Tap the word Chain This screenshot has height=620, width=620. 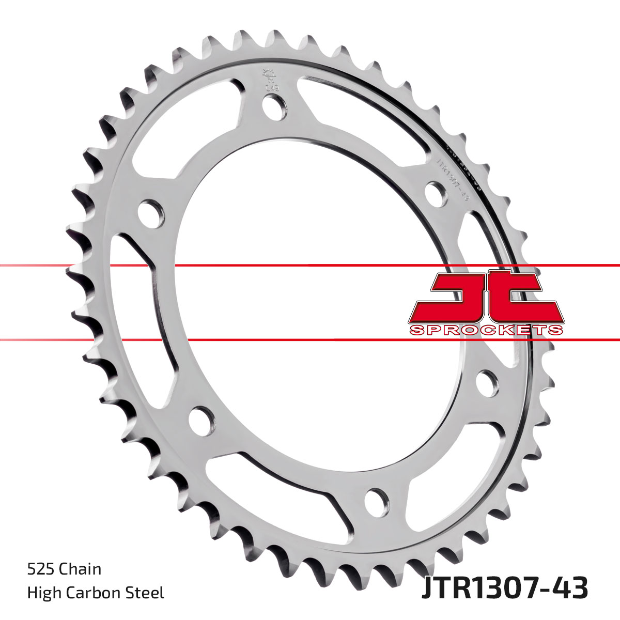[x=80, y=569]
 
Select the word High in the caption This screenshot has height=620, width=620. [x=43, y=593]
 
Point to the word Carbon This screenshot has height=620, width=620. [x=97, y=593]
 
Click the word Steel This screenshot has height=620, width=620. [x=147, y=593]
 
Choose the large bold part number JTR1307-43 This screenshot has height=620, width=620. [x=504, y=589]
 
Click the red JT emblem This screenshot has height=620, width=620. [x=486, y=297]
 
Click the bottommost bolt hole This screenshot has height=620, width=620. [x=376, y=499]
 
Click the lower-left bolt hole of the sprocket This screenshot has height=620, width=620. [x=200, y=420]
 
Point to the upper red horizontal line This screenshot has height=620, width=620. [x=310, y=266]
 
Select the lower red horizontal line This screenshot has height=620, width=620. [x=310, y=340]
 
